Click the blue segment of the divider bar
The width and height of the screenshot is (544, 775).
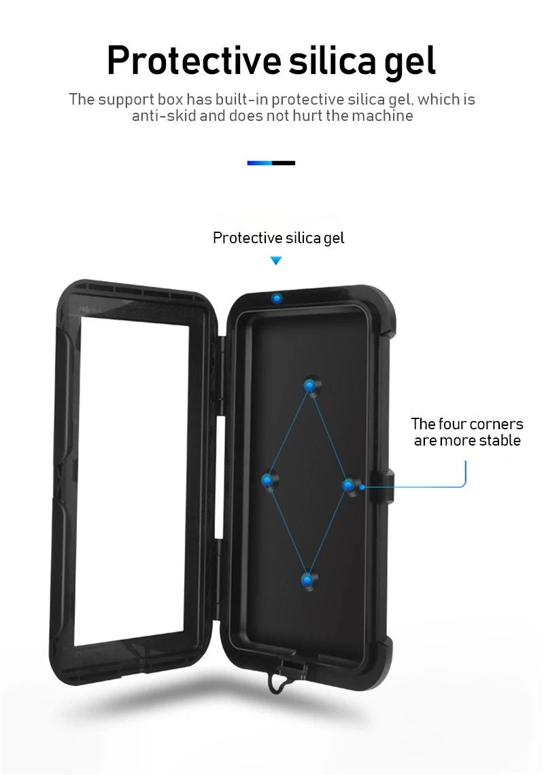[259, 163]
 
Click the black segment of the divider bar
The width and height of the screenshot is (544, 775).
[284, 163]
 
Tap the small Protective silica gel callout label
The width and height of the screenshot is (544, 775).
[278, 238]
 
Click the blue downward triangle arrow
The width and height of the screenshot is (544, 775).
[275, 261]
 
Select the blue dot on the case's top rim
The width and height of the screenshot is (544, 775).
[277, 298]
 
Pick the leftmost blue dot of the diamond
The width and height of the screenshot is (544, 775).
[269, 480]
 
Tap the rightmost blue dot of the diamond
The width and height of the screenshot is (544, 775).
[349, 484]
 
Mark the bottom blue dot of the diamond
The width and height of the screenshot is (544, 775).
[309, 579]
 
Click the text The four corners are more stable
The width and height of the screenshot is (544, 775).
[467, 432]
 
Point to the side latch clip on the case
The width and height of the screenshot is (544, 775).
[385, 486]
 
